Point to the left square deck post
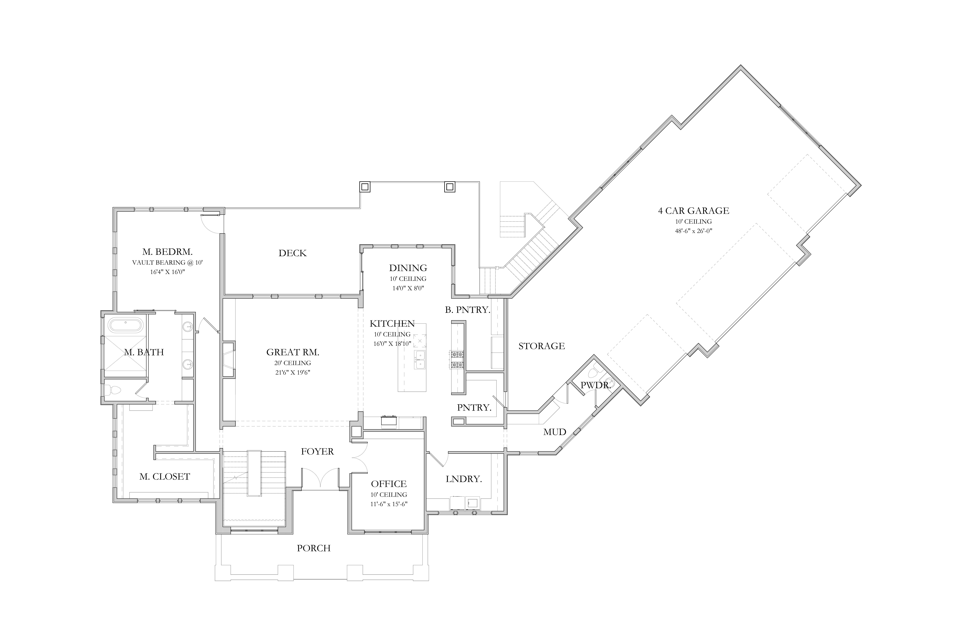pos(365,187)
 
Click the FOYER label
pos(317,451)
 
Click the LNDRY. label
pos(464,479)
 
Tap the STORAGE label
pos(542,346)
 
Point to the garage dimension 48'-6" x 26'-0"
pos(693,231)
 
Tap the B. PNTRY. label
pos(468,310)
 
